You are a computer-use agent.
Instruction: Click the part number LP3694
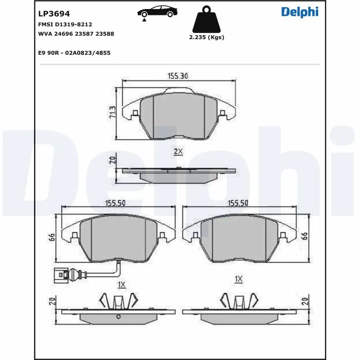coord(54,14)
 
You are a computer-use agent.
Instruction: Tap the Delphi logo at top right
coord(300,12)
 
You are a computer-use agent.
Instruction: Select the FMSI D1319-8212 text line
coord(65,24)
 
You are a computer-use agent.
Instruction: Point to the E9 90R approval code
coord(74,53)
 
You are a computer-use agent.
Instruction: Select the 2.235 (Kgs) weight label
coord(207,37)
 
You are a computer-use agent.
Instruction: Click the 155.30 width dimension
coord(178,76)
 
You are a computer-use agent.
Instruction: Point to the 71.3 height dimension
coord(113,112)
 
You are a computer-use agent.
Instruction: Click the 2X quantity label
coord(178,152)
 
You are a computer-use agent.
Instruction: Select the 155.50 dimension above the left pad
coord(115,203)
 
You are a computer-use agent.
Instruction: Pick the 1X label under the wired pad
coord(121,284)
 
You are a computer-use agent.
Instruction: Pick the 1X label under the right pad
coord(238,279)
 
